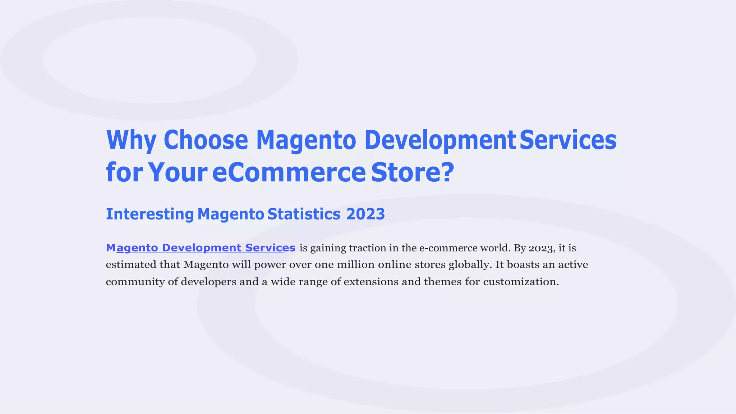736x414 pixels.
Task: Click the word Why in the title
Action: [131, 140]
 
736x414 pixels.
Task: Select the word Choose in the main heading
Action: [206, 140]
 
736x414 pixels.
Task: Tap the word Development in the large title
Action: [440, 140]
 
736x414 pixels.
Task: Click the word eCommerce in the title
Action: [289, 172]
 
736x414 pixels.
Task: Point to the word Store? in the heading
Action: [413, 172]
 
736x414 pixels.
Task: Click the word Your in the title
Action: [178, 172]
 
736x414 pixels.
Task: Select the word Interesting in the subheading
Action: [150, 214]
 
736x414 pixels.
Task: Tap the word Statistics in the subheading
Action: [304, 214]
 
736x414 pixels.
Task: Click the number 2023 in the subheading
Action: [365, 214]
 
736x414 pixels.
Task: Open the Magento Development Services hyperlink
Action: [201, 248]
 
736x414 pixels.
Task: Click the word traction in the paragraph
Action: [366, 248]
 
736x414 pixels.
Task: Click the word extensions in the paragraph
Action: [371, 282]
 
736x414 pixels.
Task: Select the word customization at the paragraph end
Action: [520, 282]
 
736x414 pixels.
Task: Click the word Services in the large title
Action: [568, 140]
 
